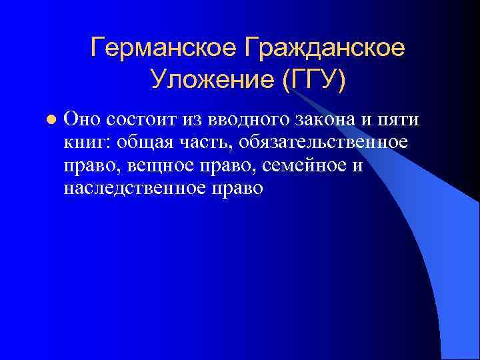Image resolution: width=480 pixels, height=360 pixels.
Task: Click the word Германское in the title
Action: coord(163,47)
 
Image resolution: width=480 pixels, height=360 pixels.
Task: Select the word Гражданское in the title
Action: coord(325,47)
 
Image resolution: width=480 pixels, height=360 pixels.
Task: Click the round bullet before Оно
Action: coord(48,120)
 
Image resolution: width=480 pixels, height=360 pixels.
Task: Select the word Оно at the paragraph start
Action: coord(80,119)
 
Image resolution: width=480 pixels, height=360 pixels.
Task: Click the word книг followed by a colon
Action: coord(87,143)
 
